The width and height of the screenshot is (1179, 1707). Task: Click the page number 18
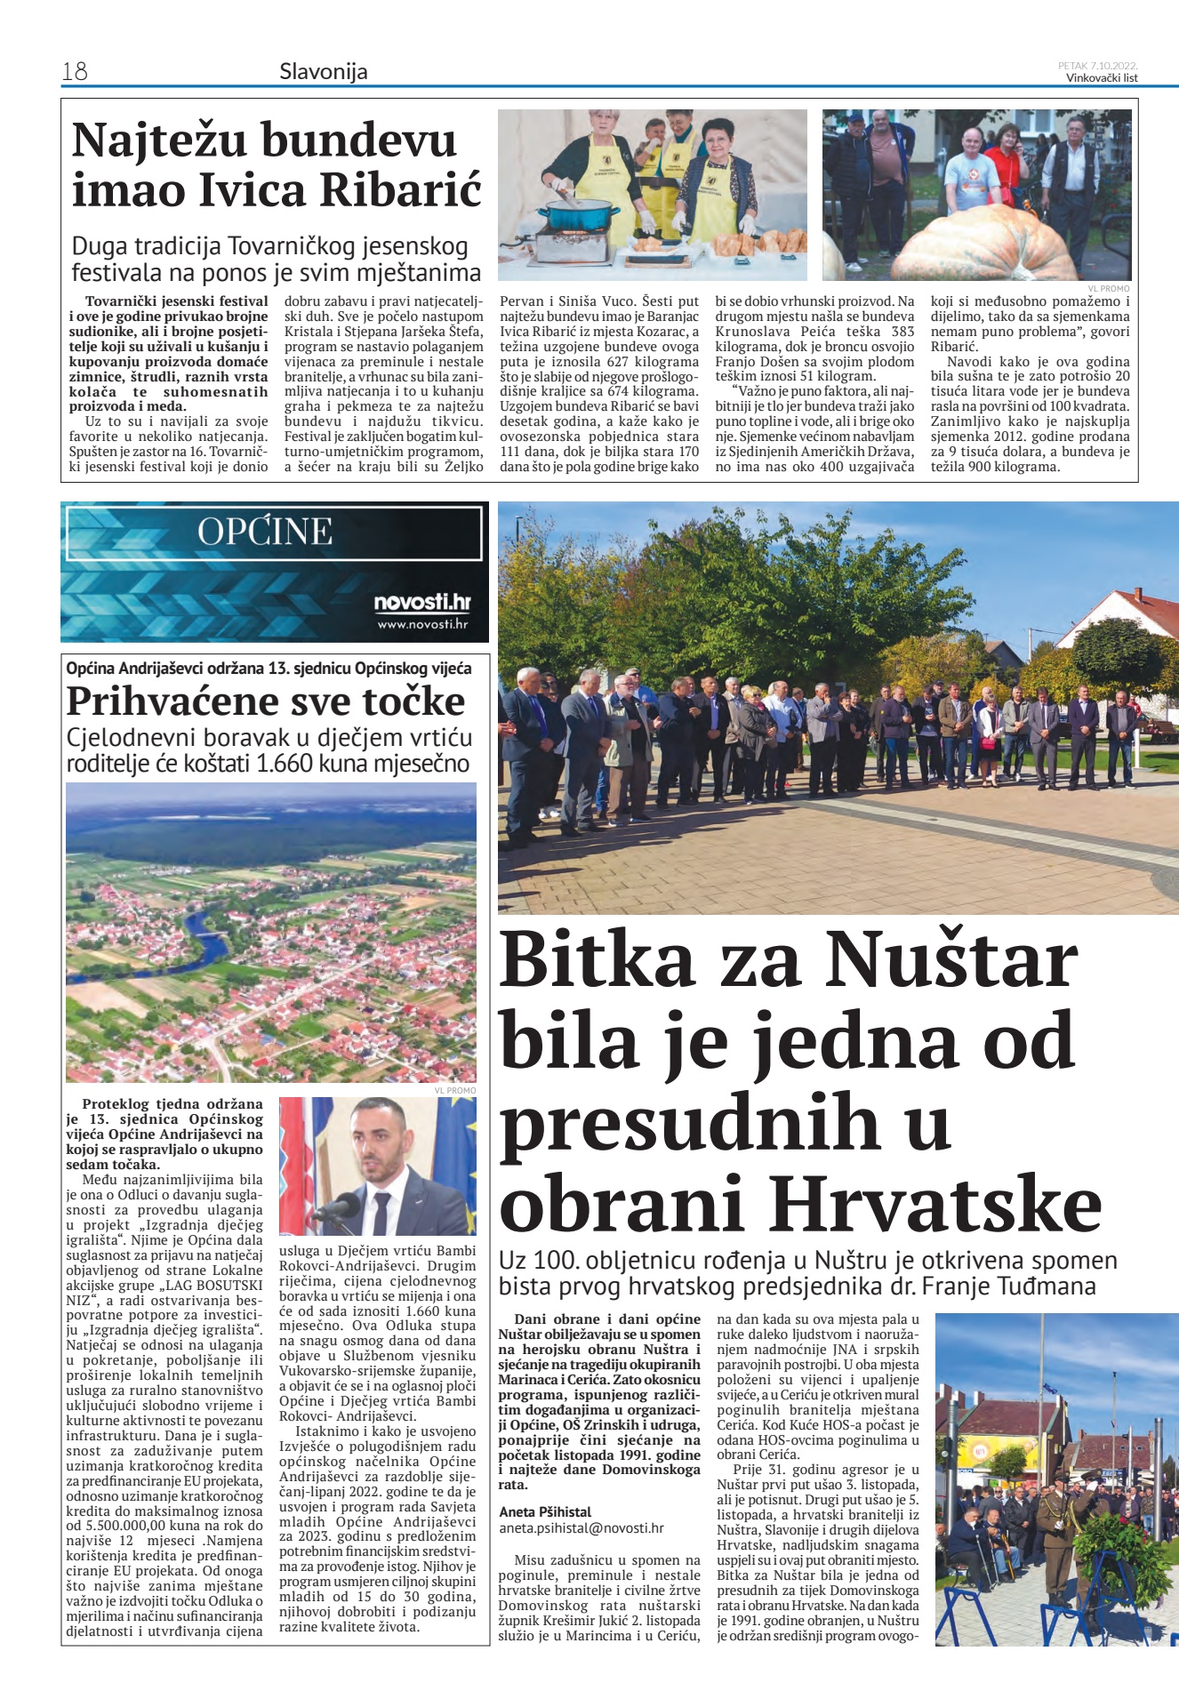click(75, 71)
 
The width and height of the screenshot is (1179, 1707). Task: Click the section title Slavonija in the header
click(323, 72)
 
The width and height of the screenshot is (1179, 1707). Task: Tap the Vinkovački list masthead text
click(1102, 78)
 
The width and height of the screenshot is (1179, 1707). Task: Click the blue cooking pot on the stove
click(582, 218)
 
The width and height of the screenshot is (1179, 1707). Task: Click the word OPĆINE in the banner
click(265, 532)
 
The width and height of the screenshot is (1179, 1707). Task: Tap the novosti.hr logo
click(421, 603)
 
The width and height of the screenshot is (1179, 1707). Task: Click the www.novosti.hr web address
click(422, 624)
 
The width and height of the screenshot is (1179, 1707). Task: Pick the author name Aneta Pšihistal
click(545, 1511)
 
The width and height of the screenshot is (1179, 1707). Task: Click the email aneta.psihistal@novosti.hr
click(581, 1528)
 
